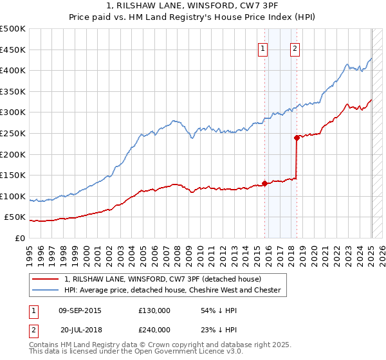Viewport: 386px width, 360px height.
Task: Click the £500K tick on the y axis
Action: click(13, 29)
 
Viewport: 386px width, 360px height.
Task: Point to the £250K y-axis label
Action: click(13, 133)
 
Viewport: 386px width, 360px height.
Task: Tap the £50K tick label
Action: click(15, 217)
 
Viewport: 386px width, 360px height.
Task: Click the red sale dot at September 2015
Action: click(264, 183)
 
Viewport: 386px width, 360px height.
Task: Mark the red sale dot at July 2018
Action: click(297, 138)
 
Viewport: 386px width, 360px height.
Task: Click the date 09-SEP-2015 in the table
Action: click(80, 310)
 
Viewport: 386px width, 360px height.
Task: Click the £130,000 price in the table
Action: click(154, 310)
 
